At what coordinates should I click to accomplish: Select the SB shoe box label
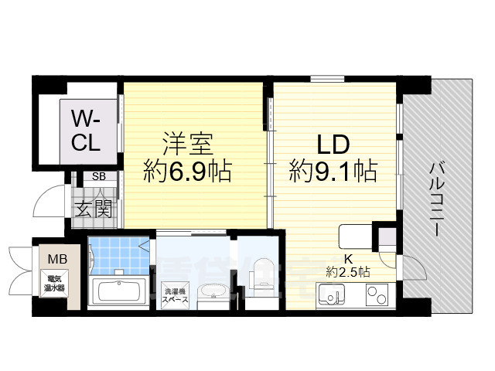click(x=99, y=177)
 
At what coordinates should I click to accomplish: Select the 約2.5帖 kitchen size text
click(x=348, y=271)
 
